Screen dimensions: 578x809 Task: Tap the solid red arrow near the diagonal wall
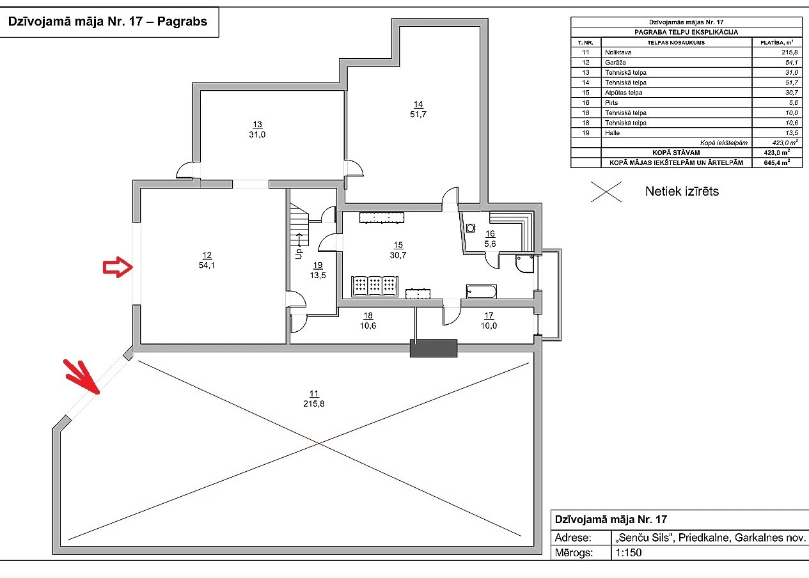click(82, 377)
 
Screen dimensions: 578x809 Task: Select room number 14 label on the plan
click(418, 104)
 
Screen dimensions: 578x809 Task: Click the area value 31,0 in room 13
click(257, 134)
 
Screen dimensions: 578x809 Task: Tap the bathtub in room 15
click(482, 292)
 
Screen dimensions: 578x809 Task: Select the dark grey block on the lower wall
click(434, 348)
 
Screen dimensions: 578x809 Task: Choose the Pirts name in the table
click(611, 102)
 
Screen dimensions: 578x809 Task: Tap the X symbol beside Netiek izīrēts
click(606, 191)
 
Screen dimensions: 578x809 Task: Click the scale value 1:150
click(628, 553)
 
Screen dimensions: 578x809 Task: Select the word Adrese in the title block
click(574, 537)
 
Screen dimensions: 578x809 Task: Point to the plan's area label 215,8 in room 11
click(313, 404)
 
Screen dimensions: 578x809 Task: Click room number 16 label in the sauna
click(490, 234)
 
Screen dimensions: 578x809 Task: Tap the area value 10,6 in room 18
click(368, 325)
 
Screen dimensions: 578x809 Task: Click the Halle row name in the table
click(612, 132)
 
